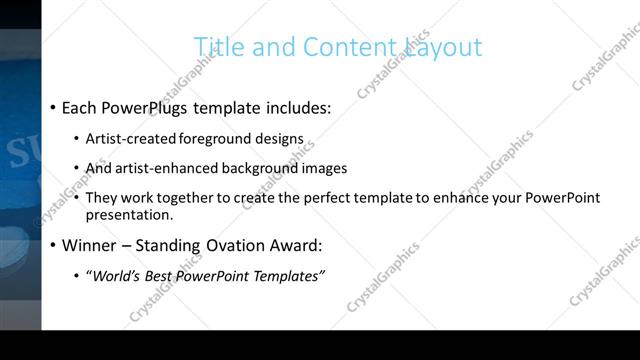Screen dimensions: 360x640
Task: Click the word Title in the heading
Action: click(x=214, y=47)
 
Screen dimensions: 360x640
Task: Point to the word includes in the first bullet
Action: click(x=296, y=106)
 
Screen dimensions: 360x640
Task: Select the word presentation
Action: click(x=130, y=214)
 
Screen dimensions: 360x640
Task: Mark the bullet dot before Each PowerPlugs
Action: click(x=52, y=107)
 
